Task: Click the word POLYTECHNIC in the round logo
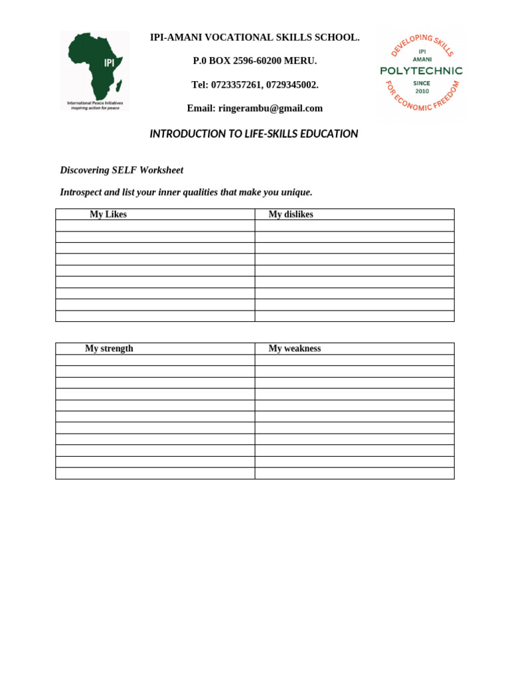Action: tap(421, 70)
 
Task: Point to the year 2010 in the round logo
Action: tap(422, 91)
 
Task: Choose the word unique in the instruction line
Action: tap(296, 192)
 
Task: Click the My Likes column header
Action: tap(108, 214)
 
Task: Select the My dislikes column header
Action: tap(290, 214)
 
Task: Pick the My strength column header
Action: tap(109, 348)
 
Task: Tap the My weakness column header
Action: tap(294, 348)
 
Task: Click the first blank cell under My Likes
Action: tap(155, 226)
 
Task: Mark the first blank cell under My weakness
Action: tap(354, 360)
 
